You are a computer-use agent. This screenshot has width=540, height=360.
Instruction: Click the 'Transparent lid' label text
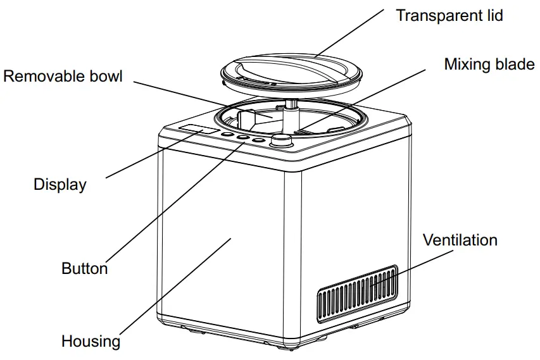coord(449,15)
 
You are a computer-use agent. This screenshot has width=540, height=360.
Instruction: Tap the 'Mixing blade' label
coord(489,65)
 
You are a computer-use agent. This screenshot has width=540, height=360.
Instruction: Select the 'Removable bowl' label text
coord(63,77)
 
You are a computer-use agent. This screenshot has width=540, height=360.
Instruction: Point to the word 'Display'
coord(60,185)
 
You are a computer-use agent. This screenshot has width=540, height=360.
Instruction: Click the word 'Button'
coord(84,268)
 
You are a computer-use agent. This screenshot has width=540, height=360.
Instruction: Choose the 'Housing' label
coord(91,342)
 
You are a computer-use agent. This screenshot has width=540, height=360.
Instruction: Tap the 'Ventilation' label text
coord(460,240)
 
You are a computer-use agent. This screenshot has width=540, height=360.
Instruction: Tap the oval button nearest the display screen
coord(227,134)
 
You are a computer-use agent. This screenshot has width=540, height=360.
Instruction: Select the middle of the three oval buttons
coord(242,137)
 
